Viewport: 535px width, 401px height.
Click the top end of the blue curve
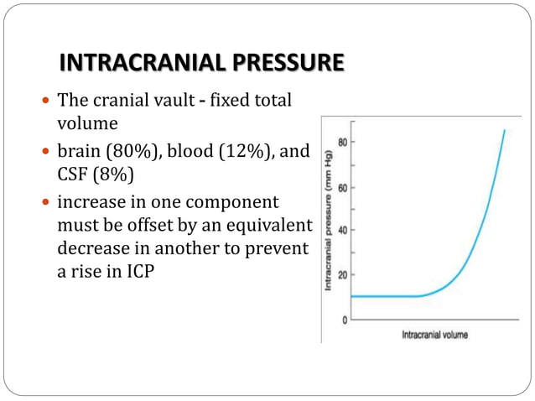(504, 130)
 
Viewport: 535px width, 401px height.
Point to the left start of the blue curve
(353, 296)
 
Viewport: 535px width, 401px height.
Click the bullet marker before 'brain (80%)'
(46, 154)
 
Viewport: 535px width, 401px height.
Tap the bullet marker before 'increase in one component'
(46, 204)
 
